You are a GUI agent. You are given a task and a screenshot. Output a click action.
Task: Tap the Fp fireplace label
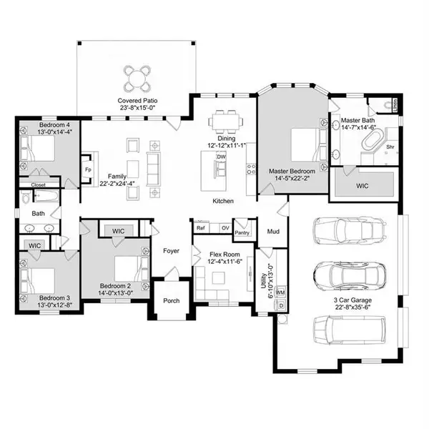point(88,169)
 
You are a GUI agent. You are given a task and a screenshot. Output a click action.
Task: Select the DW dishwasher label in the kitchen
point(221,157)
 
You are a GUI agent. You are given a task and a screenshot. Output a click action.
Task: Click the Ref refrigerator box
point(201,227)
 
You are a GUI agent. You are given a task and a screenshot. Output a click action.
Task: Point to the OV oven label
point(225,228)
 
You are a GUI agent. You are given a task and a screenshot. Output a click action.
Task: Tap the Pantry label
point(242,233)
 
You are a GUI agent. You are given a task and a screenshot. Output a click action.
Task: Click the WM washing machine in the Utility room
point(280,292)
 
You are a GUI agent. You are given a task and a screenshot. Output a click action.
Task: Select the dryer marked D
point(281,305)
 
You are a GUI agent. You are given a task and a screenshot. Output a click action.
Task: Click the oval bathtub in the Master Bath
point(373,141)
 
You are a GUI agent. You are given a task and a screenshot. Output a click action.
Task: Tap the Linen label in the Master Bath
point(395,105)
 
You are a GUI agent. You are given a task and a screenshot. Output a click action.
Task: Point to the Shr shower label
point(390,147)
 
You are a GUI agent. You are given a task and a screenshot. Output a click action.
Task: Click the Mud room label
point(273,232)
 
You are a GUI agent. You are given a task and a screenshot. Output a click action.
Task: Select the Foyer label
point(172,251)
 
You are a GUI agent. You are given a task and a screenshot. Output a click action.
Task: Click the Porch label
point(172,301)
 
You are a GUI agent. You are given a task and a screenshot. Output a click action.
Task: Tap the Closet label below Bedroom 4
point(39,185)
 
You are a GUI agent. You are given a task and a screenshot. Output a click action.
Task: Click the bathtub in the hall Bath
point(46,197)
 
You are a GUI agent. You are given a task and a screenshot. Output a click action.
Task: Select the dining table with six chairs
point(225,121)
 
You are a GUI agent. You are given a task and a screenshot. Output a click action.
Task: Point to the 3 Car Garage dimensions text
point(352,307)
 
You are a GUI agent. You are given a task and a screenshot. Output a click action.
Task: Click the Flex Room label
point(225,255)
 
